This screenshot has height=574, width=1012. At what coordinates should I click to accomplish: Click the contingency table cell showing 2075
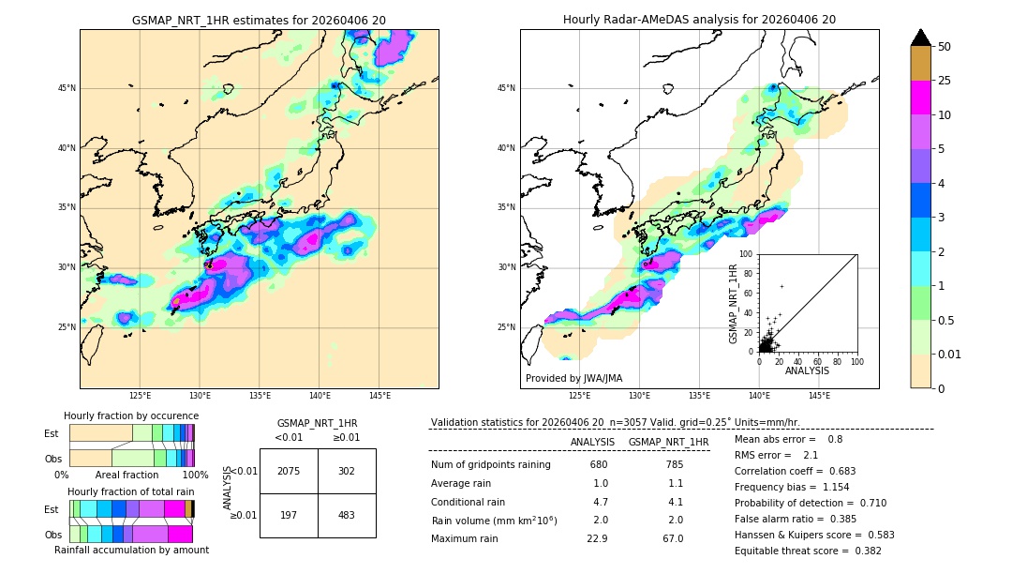(289, 471)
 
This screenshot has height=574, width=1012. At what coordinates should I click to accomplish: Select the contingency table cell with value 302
(347, 471)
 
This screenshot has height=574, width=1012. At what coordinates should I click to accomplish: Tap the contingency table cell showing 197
(289, 515)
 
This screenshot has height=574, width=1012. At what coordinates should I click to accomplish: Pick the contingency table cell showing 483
(347, 515)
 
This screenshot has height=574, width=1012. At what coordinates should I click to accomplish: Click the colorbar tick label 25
(945, 81)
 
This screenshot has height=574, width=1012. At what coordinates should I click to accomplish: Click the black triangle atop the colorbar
(921, 38)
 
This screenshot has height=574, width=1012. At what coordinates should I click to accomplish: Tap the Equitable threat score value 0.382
(859, 551)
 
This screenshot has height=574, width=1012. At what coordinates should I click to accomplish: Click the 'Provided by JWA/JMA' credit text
(573, 378)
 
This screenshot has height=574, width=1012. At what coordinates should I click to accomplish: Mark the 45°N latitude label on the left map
(67, 88)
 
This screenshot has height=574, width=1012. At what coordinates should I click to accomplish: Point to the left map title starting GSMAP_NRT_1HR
(259, 20)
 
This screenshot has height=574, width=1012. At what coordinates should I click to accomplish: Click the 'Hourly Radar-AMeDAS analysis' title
(699, 20)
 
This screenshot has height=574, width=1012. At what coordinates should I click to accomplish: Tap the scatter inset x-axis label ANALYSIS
(807, 370)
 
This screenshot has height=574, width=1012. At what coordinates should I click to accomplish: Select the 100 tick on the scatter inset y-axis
(747, 253)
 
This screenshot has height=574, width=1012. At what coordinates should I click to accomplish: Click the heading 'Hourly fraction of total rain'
(131, 491)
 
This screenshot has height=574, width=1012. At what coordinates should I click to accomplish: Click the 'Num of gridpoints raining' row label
(490, 464)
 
